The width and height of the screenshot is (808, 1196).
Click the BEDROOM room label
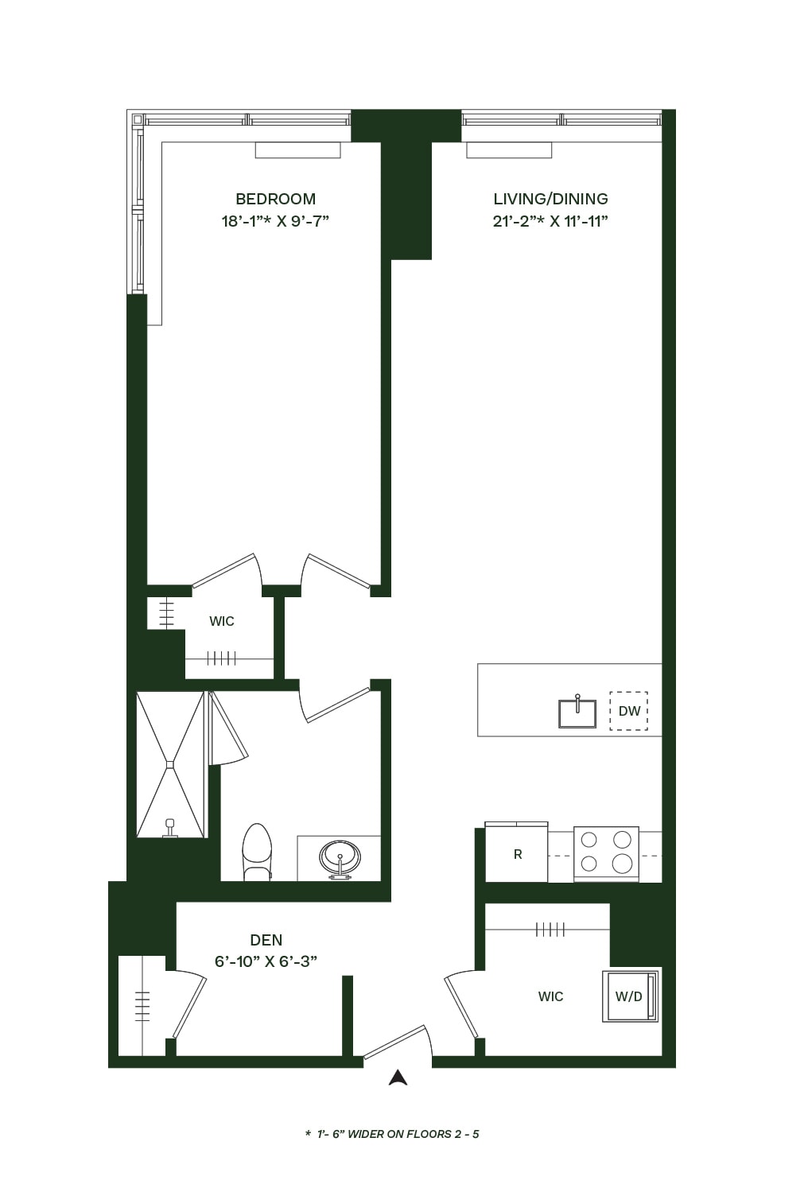[275, 199]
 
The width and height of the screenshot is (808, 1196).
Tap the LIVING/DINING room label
[550, 199]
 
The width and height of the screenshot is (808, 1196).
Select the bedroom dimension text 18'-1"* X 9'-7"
[275, 221]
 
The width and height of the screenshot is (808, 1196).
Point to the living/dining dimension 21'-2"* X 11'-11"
[550, 221]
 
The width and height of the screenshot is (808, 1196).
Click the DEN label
[266, 940]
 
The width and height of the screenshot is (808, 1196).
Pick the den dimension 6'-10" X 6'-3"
[266, 961]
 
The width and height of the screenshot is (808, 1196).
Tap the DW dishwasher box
[628, 711]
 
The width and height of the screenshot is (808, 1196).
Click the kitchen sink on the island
[577, 713]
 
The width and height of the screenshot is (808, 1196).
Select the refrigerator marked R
[517, 854]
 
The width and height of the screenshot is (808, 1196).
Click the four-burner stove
[606, 852]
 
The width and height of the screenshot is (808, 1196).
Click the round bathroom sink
[340, 858]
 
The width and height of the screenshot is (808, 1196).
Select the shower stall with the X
[170, 764]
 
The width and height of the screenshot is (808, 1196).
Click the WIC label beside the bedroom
[222, 621]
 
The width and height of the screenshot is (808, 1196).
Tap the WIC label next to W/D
[550, 996]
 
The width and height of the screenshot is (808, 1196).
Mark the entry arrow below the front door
[398, 1078]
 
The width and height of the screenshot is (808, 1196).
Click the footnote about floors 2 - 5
[392, 1134]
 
